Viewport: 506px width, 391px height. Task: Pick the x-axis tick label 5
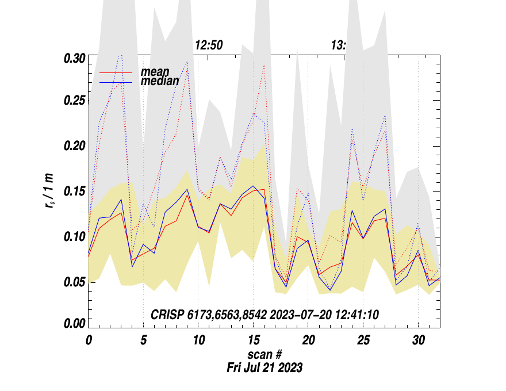(143, 340)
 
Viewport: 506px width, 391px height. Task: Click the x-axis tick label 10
(198, 340)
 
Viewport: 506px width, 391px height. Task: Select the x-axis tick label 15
(253, 340)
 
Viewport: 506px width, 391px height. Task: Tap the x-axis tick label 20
(308, 340)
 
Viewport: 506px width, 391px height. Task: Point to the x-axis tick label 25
(363, 340)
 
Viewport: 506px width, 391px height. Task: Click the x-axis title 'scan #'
(264, 354)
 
